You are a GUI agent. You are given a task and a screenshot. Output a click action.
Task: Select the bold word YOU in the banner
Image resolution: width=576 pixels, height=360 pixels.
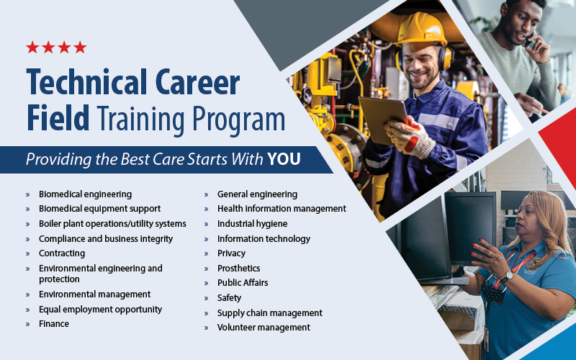click(284, 159)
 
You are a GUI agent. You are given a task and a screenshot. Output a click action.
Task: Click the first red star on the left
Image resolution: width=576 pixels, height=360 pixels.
click(32, 48)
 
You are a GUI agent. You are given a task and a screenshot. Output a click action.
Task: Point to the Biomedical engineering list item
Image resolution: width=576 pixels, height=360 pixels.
click(85, 194)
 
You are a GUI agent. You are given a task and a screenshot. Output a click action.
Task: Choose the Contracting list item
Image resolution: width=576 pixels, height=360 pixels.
click(62, 253)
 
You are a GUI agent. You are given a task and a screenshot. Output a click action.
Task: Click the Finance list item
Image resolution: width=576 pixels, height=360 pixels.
click(54, 324)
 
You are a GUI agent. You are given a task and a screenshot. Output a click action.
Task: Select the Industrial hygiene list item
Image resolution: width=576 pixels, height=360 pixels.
click(252, 224)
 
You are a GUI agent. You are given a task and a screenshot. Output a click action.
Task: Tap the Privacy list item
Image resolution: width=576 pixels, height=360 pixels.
click(231, 253)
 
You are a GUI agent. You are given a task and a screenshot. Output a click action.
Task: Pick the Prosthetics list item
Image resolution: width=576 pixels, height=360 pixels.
click(238, 268)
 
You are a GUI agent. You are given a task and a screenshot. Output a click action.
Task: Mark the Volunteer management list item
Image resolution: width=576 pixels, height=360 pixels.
click(264, 328)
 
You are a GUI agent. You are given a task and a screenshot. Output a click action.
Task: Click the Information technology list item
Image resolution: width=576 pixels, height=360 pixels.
click(264, 238)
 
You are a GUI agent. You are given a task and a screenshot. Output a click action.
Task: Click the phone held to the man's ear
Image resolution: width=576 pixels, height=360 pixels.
click(531, 40)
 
